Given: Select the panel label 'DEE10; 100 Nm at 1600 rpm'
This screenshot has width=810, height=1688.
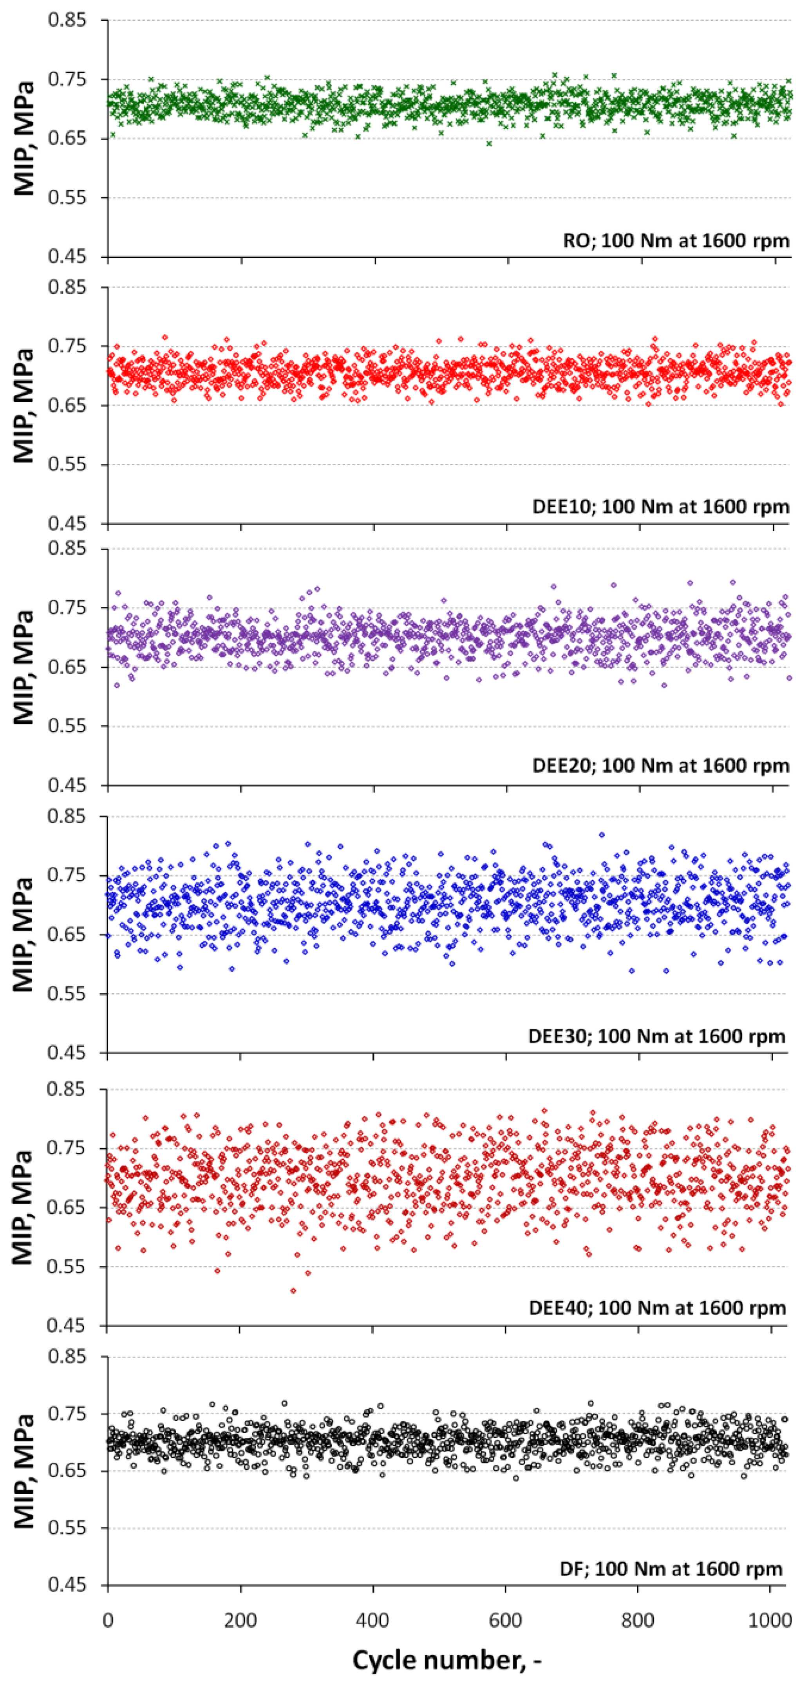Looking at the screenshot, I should coord(661,506).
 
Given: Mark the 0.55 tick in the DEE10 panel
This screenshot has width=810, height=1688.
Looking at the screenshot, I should coord(67,464).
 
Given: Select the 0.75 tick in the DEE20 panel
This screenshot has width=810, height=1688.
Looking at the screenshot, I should coord(67,607).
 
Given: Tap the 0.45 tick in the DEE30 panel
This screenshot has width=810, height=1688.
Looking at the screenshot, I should coord(67,1053).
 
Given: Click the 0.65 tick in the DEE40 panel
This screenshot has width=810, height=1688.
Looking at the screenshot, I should coord(67,1208).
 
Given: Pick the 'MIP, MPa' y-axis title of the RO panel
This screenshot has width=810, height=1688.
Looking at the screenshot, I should coord(24,138).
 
